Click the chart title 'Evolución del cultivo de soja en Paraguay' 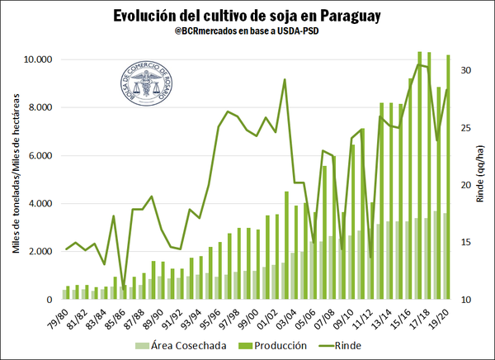point(247,17)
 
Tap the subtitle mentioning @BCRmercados point(247,36)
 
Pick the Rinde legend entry point(338,346)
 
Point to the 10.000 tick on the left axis point(38,60)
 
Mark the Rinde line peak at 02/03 point(285,80)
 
